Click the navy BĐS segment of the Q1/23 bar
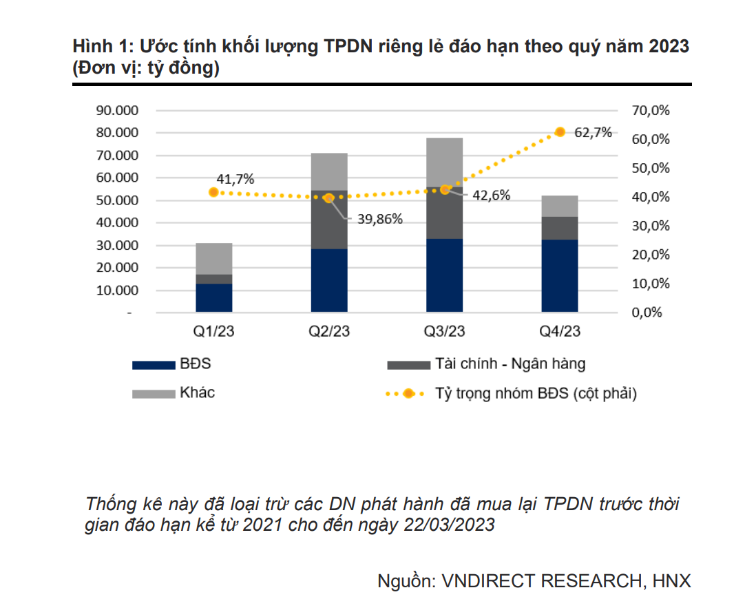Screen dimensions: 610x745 click(x=213, y=298)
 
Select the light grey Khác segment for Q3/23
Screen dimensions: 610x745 click(x=444, y=162)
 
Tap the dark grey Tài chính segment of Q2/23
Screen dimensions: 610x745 click(x=329, y=220)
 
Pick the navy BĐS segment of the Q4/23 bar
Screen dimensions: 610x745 click(x=560, y=275)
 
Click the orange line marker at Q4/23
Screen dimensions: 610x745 click(x=560, y=132)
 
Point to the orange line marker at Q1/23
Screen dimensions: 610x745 click(x=213, y=192)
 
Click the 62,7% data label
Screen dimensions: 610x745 click(x=593, y=133)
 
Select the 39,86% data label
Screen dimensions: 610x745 click(x=379, y=219)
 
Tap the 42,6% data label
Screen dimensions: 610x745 click(x=492, y=196)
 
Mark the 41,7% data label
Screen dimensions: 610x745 click(x=235, y=179)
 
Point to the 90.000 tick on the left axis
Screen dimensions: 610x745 click(x=118, y=110)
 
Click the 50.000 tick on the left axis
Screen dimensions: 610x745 click(x=118, y=200)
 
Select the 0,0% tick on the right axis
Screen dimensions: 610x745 click(x=648, y=313)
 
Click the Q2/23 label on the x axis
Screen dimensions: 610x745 click(x=329, y=332)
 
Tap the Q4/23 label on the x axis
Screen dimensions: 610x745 click(x=560, y=332)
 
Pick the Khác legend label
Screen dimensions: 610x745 click(x=198, y=393)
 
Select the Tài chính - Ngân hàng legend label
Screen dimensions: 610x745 click(x=510, y=364)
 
